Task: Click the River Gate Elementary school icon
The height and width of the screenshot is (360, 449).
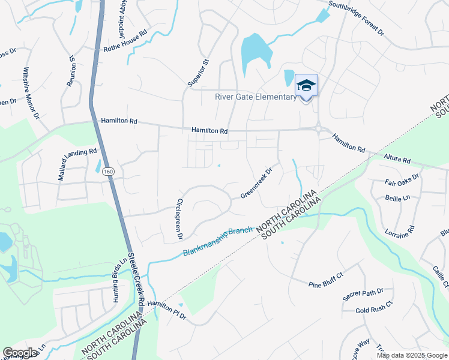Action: point(306,85)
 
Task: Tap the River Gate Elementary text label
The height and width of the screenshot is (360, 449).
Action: point(255,97)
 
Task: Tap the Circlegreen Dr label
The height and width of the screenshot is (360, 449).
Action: point(179,219)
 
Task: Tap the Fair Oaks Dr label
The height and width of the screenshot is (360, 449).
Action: point(400,178)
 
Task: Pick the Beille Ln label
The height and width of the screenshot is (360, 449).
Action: point(397,197)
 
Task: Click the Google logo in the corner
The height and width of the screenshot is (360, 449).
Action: point(20,352)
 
